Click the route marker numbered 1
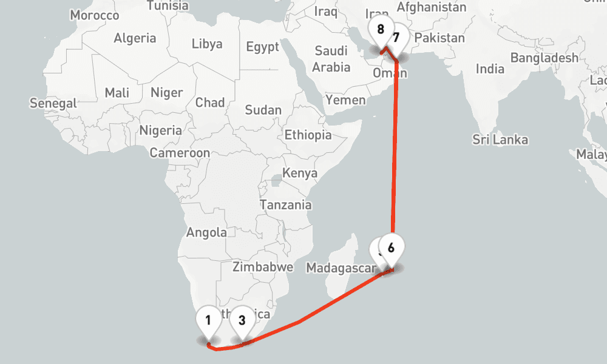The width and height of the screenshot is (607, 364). (x=208, y=320)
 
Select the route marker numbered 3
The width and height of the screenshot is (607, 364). (x=242, y=320)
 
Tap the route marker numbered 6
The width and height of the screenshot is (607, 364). (x=391, y=248)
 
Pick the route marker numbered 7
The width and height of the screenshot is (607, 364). (x=396, y=37)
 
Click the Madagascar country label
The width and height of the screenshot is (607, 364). (x=337, y=268)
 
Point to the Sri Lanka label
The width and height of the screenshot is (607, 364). (x=500, y=140)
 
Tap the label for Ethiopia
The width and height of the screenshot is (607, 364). (x=308, y=135)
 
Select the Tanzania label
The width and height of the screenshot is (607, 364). (x=285, y=205)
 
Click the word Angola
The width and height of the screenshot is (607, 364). (x=206, y=232)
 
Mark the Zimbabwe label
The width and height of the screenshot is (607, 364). (x=263, y=266)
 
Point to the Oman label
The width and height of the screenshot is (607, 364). (x=390, y=73)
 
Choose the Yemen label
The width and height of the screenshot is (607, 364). (x=345, y=100)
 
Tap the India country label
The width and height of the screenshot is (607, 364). (x=490, y=69)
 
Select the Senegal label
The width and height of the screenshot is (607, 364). (x=53, y=104)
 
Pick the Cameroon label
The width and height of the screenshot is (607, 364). (x=180, y=153)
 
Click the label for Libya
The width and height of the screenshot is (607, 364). (x=207, y=44)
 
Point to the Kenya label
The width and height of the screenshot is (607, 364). (x=300, y=174)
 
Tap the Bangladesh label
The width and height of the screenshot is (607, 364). (x=544, y=58)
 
